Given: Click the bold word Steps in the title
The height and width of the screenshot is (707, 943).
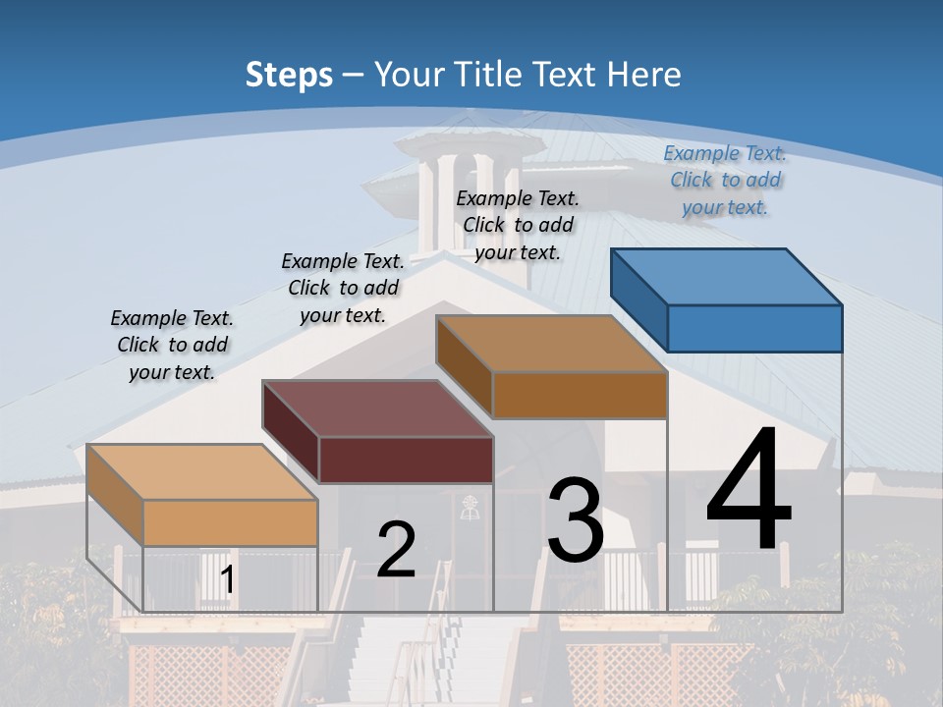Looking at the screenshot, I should pos(288,75).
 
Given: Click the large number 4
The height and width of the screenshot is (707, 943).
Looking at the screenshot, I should pos(749,491).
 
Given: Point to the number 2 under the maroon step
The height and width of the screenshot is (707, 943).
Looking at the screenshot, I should pos(396,550).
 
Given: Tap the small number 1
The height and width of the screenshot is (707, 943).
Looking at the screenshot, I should pos(228,579).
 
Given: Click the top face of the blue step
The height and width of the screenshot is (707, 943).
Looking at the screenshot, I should pos(725,277).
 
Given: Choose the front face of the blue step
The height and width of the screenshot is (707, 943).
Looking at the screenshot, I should pos(754,328).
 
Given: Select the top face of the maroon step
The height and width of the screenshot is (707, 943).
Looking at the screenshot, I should pos(376,408).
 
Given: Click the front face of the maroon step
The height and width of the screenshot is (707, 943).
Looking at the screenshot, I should pos(406,460).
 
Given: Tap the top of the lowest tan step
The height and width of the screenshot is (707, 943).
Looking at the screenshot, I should pos(202,472).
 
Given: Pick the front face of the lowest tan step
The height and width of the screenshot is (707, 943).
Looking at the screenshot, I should pos(230,522).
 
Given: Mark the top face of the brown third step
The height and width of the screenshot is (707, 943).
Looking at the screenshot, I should pos(551,344).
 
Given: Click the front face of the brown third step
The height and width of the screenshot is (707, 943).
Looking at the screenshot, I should pos(580,395).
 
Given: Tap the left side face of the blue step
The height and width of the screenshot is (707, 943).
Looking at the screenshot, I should pos(639,299).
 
